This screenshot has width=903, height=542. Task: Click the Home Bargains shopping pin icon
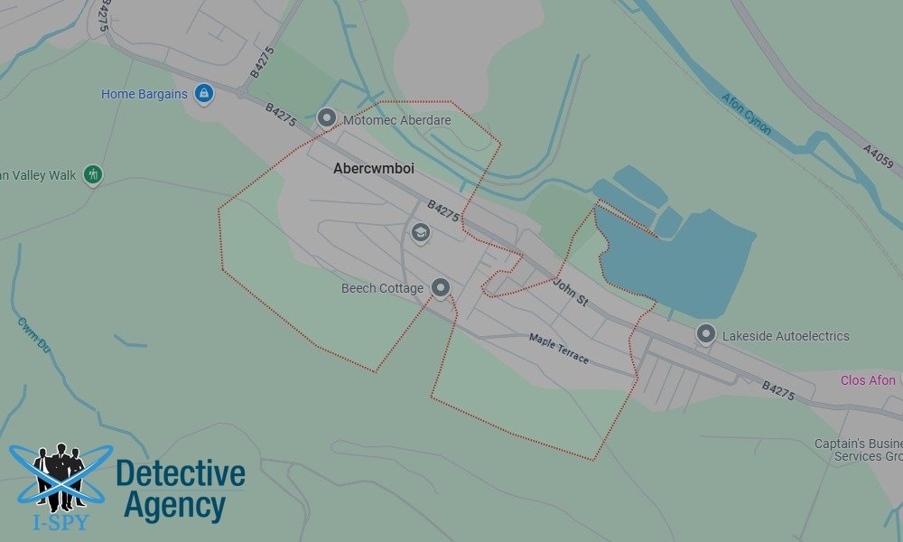click(x=204, y=93)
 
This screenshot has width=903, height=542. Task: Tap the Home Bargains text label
click(x=144, y=94)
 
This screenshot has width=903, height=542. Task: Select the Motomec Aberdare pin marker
click(x=327, y=117)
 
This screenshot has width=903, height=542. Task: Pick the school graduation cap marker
click(x=419, y=233)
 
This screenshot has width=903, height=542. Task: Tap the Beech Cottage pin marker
click(x=441, y=287)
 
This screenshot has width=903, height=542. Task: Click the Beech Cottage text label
click(x=382, y=289)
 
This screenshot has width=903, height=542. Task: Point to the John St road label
click(x=571, y=294)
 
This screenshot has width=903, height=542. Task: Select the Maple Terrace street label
click(x=558, y=349)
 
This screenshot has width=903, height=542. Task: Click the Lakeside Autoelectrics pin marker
click(x=705, y=334)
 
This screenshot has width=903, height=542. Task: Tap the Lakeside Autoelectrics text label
click(x=786, y=336)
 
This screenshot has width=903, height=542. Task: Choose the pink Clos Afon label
click(x=868, y=380)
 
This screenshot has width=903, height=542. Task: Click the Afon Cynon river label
click(x=746, y=113)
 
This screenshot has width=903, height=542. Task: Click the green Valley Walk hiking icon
click(x=92, y=174)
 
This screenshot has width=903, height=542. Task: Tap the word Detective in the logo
click(x=181, y=473)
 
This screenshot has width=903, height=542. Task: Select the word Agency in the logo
click(x=174, y=506)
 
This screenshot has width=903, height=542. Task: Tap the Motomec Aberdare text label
click(x=396, y=119)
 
